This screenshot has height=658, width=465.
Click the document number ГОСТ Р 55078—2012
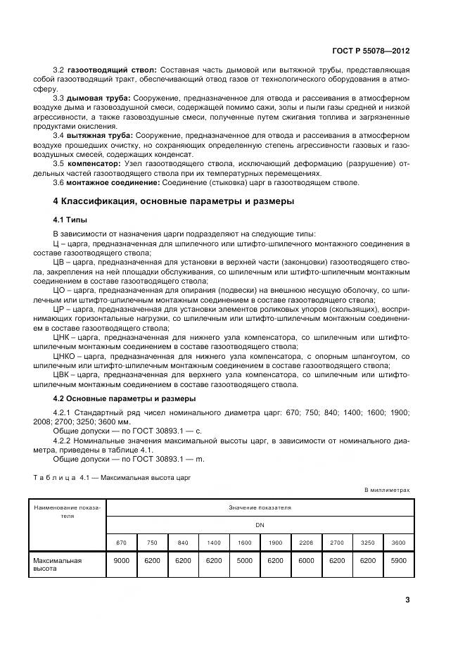(371, 51)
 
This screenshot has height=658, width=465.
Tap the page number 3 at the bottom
(407, 600)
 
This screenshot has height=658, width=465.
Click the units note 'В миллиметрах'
(387, 490)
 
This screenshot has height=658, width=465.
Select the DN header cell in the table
(260, 524)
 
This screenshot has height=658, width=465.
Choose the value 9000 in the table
(121, 560)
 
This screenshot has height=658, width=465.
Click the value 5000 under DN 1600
(244, 560)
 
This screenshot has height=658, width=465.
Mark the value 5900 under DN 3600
(398, 560)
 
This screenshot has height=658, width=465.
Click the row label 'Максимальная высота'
(58, 565)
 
